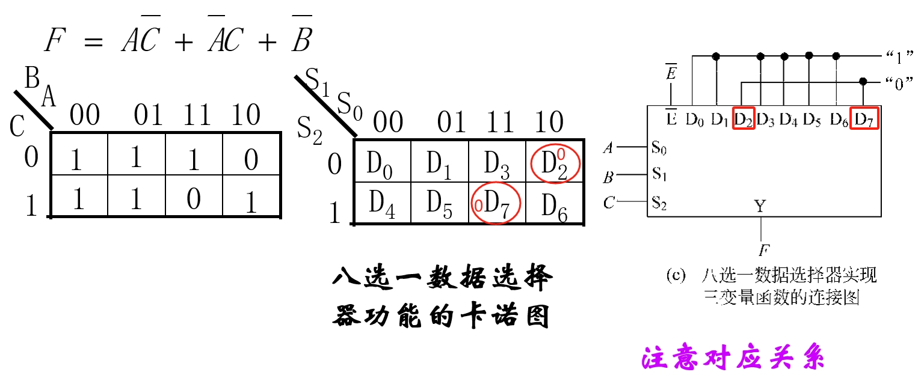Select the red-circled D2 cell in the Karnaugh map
pos(555,163)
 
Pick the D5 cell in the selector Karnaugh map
pos(439,204)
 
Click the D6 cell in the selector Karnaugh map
pos(555,205)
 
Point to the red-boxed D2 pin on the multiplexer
pos(744,118)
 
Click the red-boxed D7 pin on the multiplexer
pos(864,118)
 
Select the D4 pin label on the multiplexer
pos(789,119)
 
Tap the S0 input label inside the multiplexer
pos(659,146)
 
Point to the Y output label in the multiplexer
pos(760,207)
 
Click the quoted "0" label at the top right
pos(896,83)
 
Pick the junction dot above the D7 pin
pos(863,81)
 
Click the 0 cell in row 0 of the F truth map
pos(251,160)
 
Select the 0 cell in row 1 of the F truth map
pos(194,199)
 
